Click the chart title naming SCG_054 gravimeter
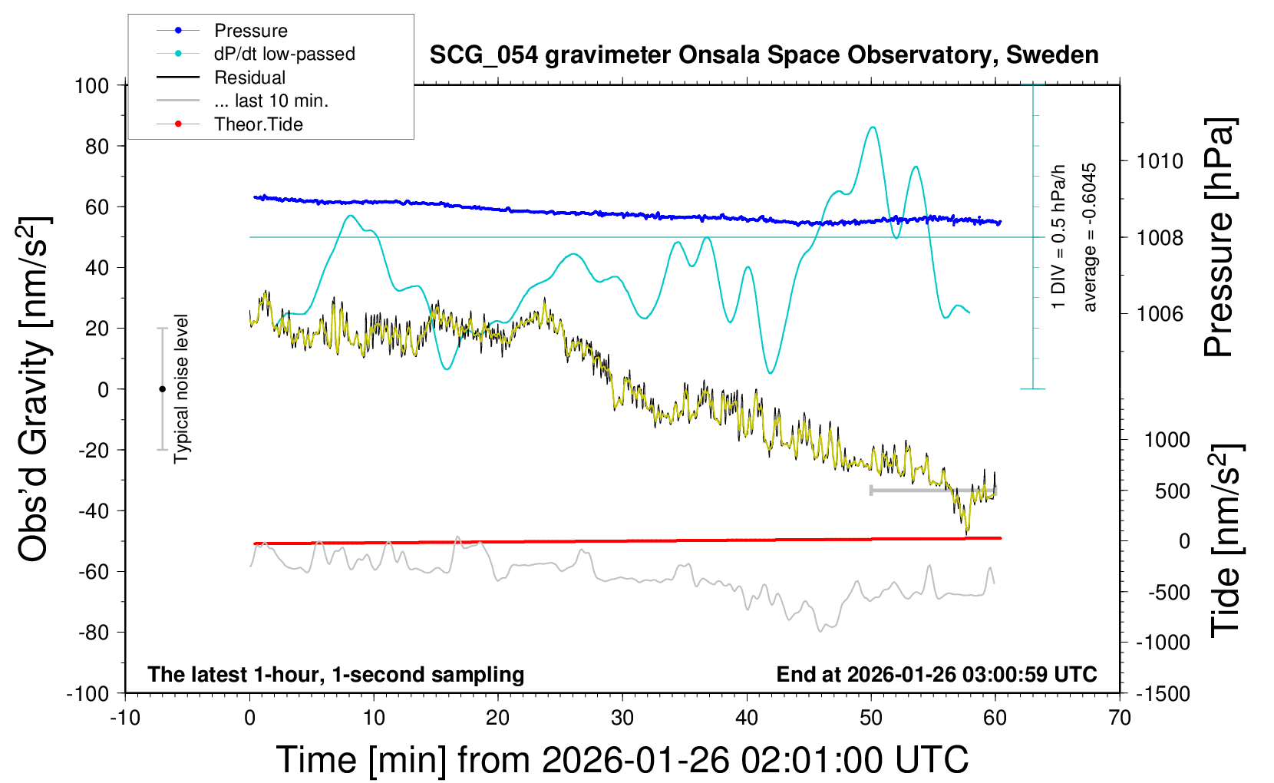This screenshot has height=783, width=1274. coord(764,55)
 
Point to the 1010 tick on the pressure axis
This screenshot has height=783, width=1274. coord(1160,161)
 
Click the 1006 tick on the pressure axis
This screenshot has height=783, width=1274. coord(1160,313)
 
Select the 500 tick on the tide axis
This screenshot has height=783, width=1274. coord(1172,491)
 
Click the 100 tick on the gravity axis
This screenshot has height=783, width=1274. coord(91,85)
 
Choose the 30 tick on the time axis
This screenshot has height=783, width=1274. coord(622,718)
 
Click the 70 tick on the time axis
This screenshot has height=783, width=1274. coord(1120,718)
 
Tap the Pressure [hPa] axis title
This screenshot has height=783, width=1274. coord(1218,238)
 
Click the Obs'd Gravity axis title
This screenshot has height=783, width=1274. coord(35,389)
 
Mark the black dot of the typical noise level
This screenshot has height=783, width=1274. coord(162,389)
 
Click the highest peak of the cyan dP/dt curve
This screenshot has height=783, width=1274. coord(872,127)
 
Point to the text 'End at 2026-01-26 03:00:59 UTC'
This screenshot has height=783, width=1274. coord(936,674)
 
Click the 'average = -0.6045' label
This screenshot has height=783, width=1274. coord(1089,237)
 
